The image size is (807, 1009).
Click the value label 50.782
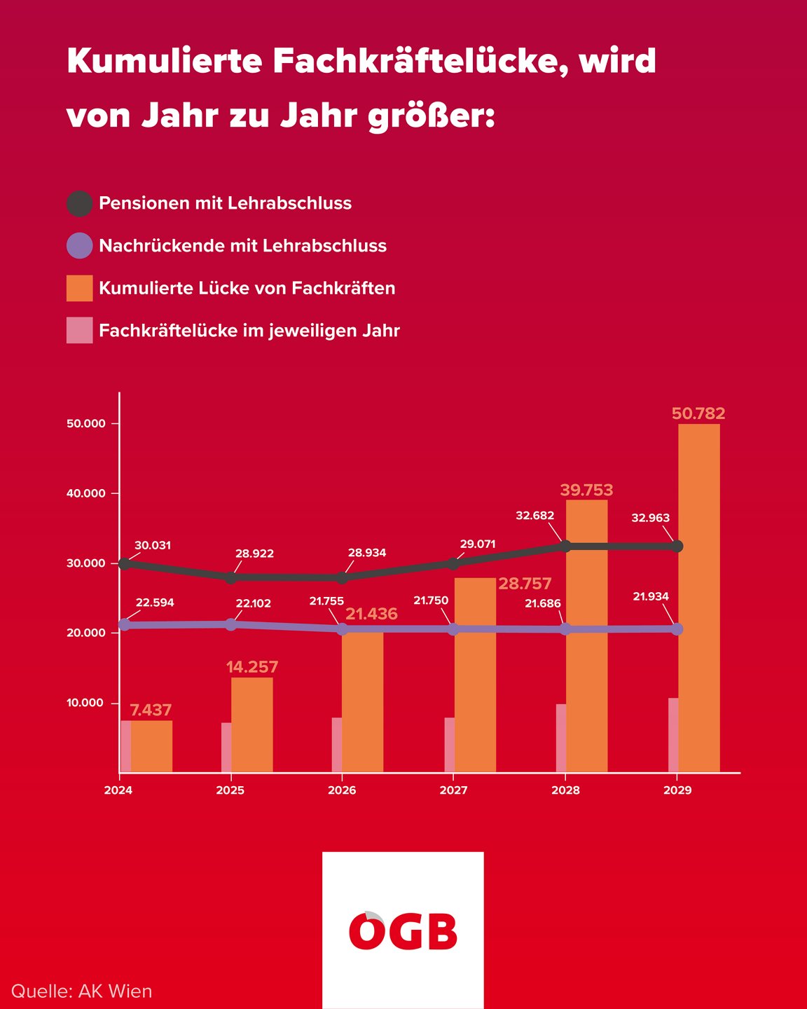pos(698,413)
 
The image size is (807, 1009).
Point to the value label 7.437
pos(151,711)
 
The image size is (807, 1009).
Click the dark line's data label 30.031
pos(153,545)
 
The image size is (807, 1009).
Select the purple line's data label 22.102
pos(253,603)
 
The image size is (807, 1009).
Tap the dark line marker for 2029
pos(677,546)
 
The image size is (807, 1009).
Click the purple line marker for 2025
pos(230,624)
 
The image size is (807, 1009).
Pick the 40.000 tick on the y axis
pos(86,493)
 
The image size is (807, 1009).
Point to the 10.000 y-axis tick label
pos(86,703)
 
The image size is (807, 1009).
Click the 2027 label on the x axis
pos(453,790)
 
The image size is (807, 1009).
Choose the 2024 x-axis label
pos(118,790)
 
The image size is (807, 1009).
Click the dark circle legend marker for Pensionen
pos(79,204)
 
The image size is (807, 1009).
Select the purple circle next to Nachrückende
pos(79,246)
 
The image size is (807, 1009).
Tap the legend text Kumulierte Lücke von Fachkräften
pos(247,288)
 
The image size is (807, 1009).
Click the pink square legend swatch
pos(79,331)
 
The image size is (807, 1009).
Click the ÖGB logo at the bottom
pos(403,931)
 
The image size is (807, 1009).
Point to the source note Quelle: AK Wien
pos(81,991)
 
